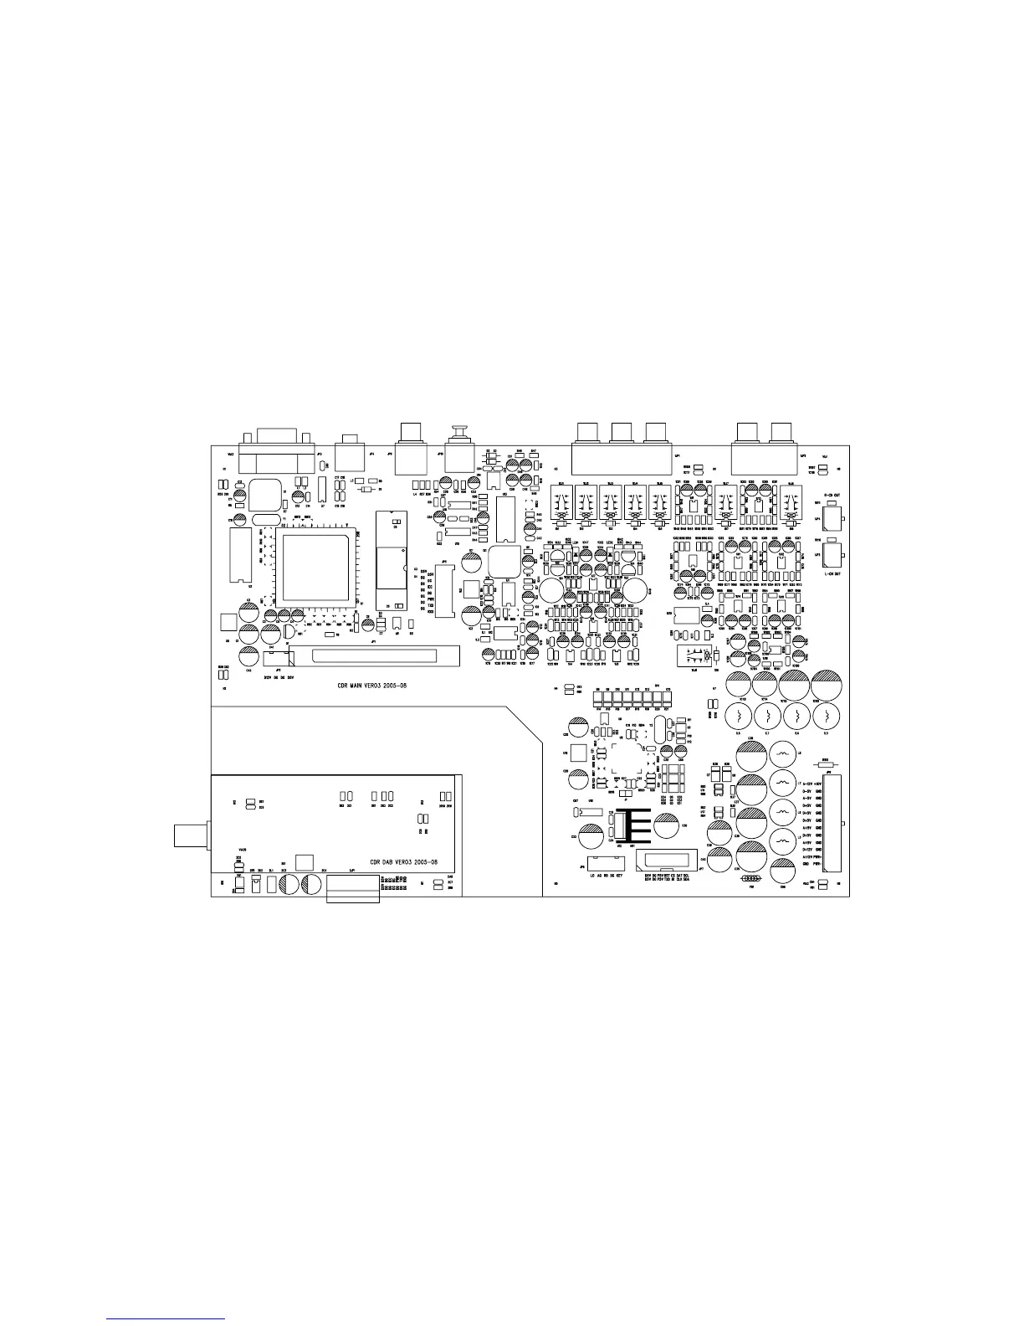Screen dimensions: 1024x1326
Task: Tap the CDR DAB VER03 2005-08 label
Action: pyautogui.click(x=403, y=861)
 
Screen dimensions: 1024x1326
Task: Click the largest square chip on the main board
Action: pyautogui.click(x=315, y=567)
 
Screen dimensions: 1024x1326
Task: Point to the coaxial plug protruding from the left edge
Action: pyautogui.click(x=191, y=835)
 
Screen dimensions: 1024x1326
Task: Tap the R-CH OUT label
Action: pyautogui.click(x=832, y=496)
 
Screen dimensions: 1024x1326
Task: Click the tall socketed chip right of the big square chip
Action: pyautogui.click(x=389, y=558)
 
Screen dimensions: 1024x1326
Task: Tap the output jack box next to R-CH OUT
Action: pyautogui.click(x=831, y=519)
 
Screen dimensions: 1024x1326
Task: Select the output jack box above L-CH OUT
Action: pyautogui.click(x=831, y=555)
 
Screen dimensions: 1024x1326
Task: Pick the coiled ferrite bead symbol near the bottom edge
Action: pyautogui.click(x=750, y=879)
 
